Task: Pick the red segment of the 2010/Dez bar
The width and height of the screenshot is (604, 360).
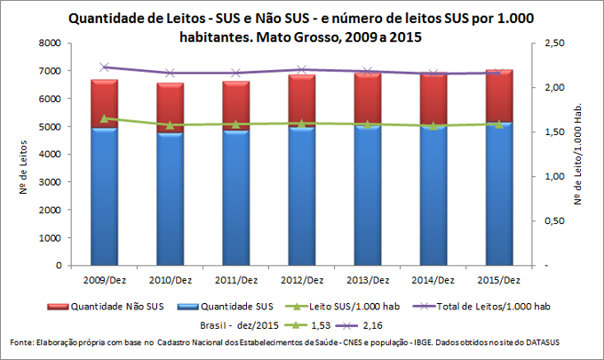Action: (x=170, y=108)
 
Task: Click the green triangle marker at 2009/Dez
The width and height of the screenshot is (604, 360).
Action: (x=104, y=117)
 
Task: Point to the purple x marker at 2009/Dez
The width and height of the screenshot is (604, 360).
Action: (x=104, y=67)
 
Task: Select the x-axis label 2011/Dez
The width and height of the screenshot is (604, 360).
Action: (x=235, y=280)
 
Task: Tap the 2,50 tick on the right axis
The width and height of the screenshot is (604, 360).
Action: (x=554, y=43)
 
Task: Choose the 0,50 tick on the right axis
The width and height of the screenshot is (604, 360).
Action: (x=554, y=220)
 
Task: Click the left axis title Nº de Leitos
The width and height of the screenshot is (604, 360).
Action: (x=20, y=154)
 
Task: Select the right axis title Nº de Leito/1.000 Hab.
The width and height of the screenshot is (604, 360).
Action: (x=587, y=154)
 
